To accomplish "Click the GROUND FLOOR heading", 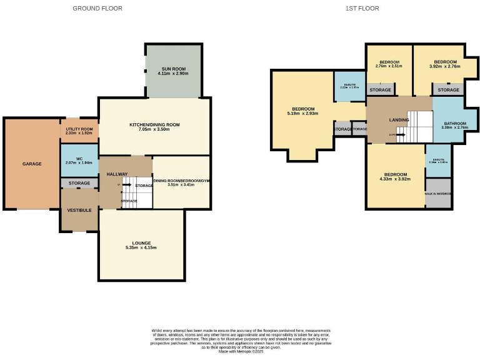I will click(x=97, y=8).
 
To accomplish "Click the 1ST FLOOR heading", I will click(x=362, y=8).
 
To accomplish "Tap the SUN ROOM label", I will click(x=174, y=69).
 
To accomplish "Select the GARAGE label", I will click(x=32, y=164).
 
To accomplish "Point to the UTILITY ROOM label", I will click(x=79, y=129).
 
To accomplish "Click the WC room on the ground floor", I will click(x=79, y=161).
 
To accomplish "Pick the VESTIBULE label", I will click(x=79, y=210).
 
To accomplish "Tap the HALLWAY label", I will click(x=117, y=174).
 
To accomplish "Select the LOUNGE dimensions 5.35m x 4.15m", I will click(x=140, y=247).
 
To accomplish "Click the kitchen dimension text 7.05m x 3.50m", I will click(x=154, y=129).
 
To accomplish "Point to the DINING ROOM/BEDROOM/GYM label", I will click(x=181, y=180).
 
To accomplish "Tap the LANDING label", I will click(x=399, y=119).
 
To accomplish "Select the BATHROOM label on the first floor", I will click(x=455, y=124).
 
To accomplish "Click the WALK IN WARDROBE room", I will click(x=438, y=194).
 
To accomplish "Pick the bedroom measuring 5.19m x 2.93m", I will click(x=302, y=111).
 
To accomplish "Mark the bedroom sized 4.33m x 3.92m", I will click(x=395, y=177).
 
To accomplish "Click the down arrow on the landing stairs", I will click(x=400, y=134).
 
